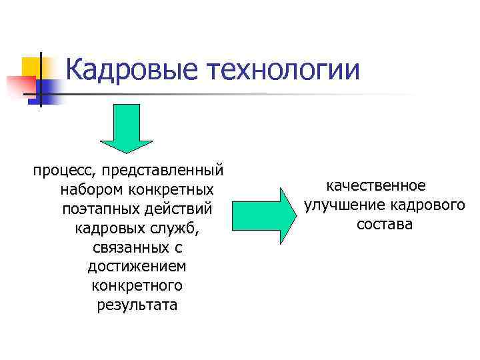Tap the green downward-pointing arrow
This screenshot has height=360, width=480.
pos(127,127)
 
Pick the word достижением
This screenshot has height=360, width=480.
pos(137,267)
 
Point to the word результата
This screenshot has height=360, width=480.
pos(137,306)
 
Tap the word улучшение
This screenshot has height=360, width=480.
pos(342,205)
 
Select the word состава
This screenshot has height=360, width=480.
pos(385,225)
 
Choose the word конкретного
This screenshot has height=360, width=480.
pos(137,287)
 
